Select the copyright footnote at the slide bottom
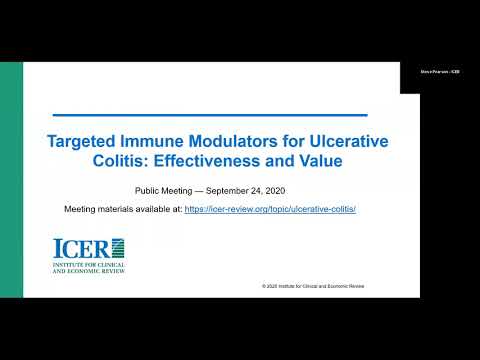(313, 285)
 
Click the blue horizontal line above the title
(209, 115)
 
